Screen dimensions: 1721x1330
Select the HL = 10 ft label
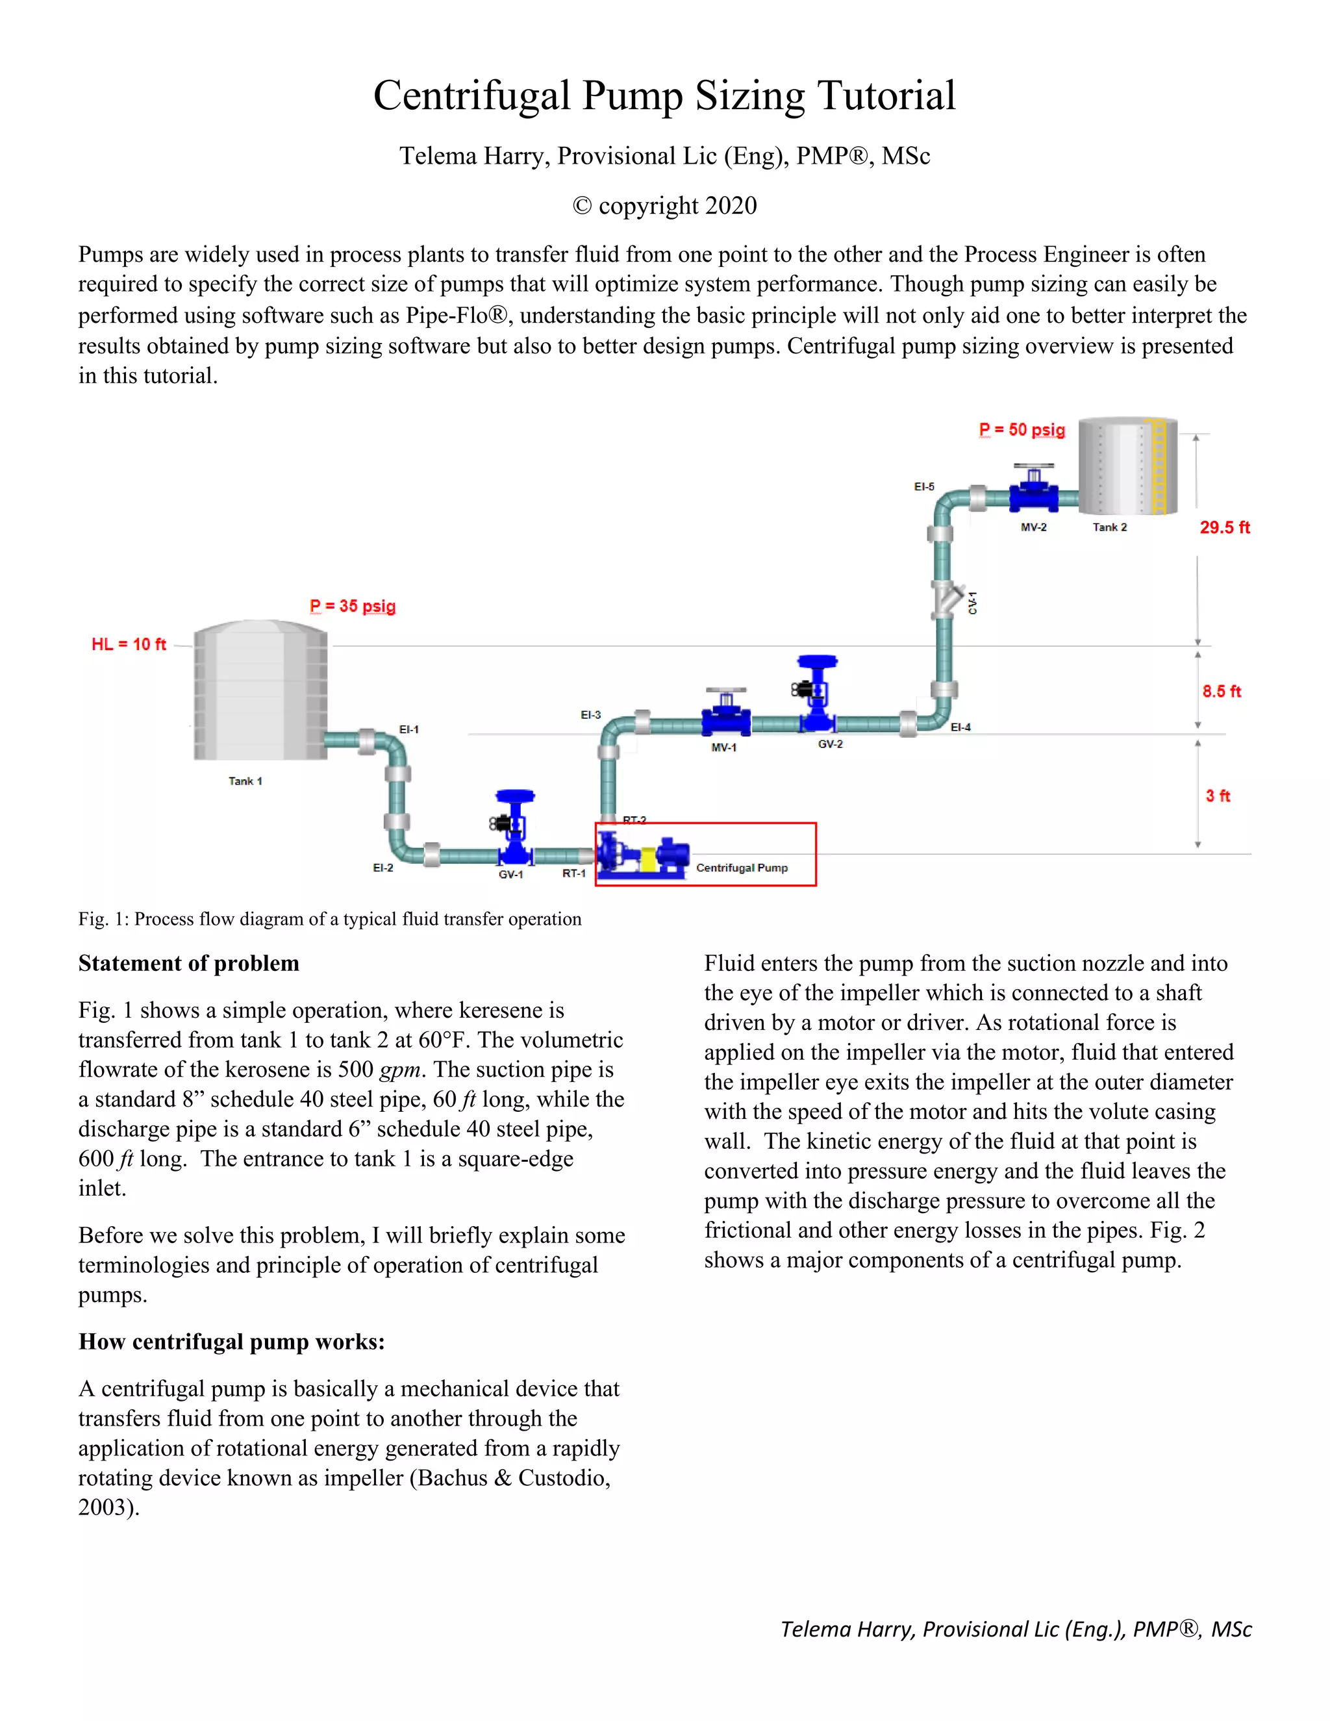[129, 645]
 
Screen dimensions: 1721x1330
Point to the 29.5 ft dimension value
[1224, 528]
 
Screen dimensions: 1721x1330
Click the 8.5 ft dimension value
[1222, 692]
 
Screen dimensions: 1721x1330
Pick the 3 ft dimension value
[1218, 796]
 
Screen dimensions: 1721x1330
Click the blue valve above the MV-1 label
[725, 714]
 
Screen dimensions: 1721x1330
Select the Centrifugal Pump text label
[742, 868]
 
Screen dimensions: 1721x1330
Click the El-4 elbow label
[960, 727]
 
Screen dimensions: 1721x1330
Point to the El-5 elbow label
[924, 487]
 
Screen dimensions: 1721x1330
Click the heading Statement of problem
[188, 963]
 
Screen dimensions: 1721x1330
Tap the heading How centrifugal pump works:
[231, 1341]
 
